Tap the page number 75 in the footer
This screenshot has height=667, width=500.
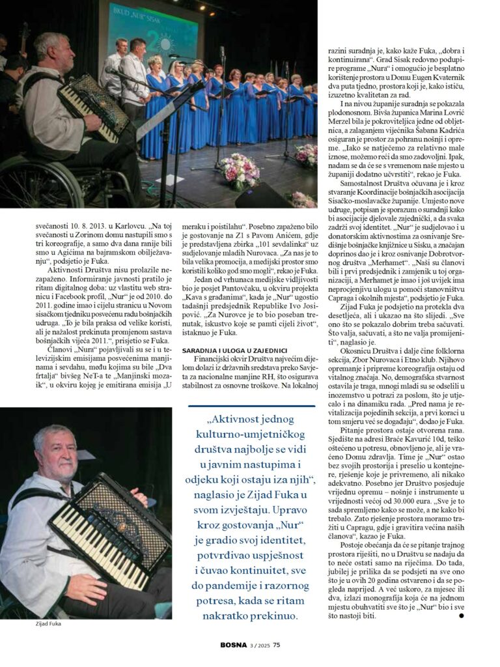click(x=277, y=646)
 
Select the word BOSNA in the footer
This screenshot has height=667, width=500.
click(x=234, y=646)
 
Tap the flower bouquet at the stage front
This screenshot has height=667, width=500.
click(x=239, y=171)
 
